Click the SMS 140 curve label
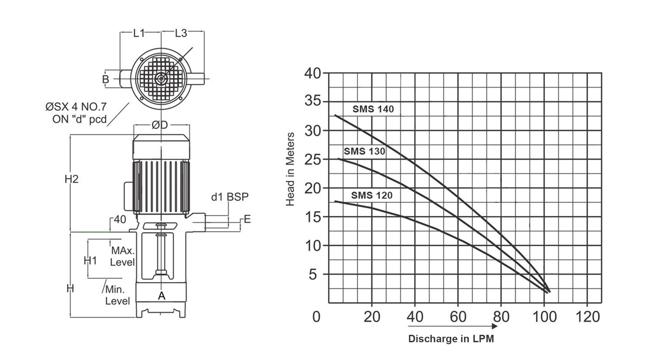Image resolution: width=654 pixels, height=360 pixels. point(373,109)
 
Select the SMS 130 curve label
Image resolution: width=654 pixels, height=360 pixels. point(364,151)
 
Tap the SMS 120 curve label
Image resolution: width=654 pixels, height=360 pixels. point(371,195)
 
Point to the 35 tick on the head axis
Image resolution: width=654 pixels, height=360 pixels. point(313,101)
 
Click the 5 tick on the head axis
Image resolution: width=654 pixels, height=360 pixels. point(313,275)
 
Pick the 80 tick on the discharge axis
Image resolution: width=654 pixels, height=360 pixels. point(501,316)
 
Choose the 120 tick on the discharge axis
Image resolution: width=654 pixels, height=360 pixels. point(587,316)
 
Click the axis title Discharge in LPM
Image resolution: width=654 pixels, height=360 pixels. point(451,339)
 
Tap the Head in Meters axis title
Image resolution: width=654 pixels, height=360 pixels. point(290,170)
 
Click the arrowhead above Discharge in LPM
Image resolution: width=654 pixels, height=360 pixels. point(494,326)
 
